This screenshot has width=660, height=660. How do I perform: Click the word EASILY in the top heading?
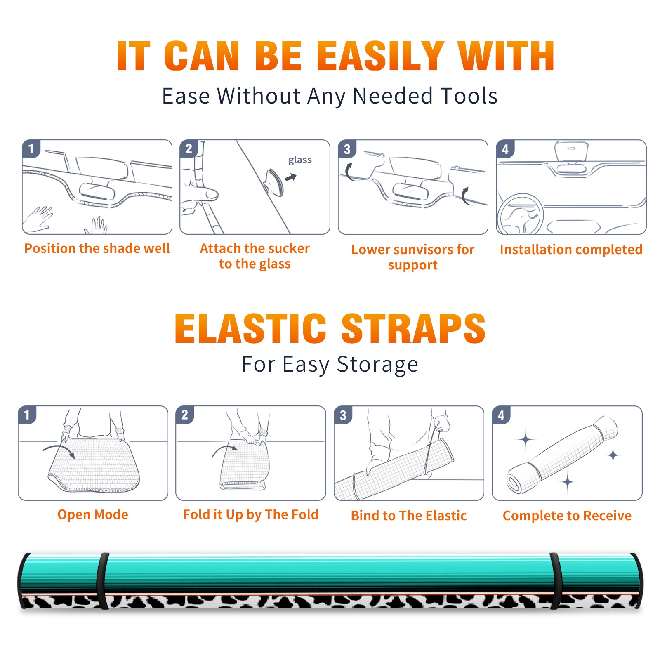point(380,56)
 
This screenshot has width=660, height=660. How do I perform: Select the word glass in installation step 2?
point(300,160)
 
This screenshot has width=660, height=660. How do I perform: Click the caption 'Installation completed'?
point(571,249)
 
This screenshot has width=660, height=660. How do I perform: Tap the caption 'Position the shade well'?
point(97,248)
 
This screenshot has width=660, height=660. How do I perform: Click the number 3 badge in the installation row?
point(347,149)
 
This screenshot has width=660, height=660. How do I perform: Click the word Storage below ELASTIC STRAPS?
point(377,365)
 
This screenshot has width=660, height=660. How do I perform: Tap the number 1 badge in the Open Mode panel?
point(27,415)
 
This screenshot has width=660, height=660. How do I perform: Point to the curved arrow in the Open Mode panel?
point(60,449)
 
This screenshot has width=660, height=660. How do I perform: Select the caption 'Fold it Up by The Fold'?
point(251,514)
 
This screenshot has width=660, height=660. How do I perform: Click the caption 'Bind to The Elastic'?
point(409,516)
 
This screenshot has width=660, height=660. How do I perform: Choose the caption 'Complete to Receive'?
point(567,516)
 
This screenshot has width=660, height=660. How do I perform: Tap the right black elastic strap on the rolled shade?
point(556,581)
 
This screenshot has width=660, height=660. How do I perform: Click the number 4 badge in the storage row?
point(501,415)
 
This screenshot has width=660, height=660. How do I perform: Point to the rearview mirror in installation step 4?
point(571,152)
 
